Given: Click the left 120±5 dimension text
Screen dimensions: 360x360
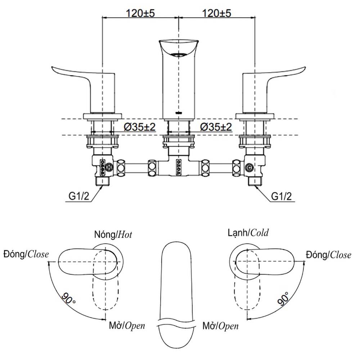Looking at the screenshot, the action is (x=140, y=13).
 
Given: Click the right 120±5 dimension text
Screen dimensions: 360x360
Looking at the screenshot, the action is (x=216, y=13).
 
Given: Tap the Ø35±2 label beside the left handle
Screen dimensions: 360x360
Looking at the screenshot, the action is (x=140, y=127).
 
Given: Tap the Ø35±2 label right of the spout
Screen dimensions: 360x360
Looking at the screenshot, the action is (x=216, y=127).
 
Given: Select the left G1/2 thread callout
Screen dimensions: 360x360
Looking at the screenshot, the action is (x=79, y=196).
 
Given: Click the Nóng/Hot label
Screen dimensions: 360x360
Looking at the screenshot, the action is (x=113, y=234).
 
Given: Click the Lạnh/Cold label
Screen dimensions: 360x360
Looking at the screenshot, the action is (x=248, y=233).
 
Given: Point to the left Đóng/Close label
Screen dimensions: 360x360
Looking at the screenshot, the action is (x=26, y=254).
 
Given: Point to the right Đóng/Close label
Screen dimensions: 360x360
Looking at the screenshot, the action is (x=329, y=255).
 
